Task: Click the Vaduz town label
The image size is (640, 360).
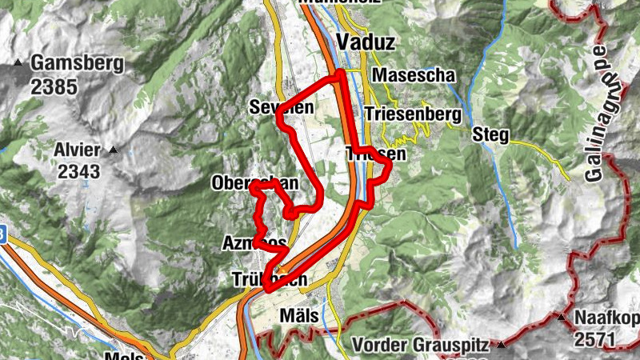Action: click(x=362, y=42)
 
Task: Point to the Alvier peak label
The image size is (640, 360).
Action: click(x=78, y=150)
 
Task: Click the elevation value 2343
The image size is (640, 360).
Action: click(x=78, y=170)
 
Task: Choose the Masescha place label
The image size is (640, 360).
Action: click(x=413, y=75)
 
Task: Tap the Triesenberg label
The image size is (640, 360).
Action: click(x=413, y=114)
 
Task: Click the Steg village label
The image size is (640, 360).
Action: click(x=490, y=134)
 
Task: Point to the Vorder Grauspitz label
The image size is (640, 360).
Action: click(x=422, y=347)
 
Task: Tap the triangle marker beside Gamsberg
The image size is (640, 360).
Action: click(x=17, y=62)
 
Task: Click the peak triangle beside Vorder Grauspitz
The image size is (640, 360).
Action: click(x=501, y=346)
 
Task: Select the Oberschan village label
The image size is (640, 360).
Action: click(x=254, y=183)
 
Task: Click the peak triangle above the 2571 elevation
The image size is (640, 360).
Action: click(x=562, y=318)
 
